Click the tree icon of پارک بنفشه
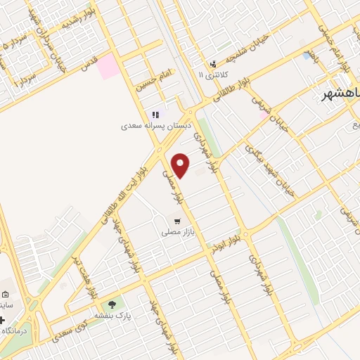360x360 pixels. [111, 304]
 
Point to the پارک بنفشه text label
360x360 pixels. [111, 316]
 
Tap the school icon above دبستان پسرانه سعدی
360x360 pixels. [155, 115]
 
